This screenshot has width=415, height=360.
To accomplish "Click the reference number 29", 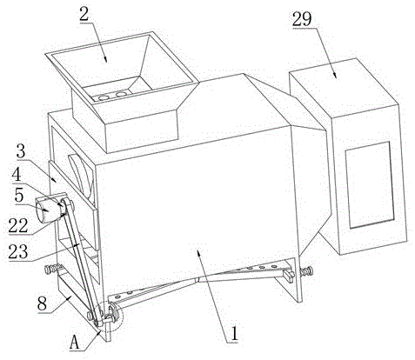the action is click(x=302, y=19).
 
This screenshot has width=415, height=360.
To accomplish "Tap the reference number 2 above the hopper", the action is click(x=84, y=14).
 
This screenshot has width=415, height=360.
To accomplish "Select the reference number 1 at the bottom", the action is click(x=234, y=333).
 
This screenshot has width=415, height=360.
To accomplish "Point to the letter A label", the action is click(x=75, y=343).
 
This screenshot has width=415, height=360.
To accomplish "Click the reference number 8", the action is click(x=42, y=303).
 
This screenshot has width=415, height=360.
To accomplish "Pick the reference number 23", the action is click(x=18, y=251).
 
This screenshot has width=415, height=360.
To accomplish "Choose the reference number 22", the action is click(x=18, y=226).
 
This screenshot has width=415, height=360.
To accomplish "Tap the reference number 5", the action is click(x=19, y=196).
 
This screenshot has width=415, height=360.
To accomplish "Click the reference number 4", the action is click(x=17, y=176).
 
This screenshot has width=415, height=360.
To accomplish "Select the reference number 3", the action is click(x=21, y=150).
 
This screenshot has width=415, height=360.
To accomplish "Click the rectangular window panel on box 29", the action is click(x=369, y=185).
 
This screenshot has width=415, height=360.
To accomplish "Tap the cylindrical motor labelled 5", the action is click(x=50, y=210).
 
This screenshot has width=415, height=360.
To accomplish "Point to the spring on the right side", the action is click(x=307, y=272).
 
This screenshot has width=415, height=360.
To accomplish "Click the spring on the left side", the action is click(x=53, y=269).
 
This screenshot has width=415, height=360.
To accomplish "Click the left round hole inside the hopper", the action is click(x=103, y=98).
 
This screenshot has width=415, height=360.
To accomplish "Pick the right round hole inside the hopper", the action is click(x=121, y=94).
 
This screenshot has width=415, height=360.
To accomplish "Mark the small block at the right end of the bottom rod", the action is click(x=290, y=275).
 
